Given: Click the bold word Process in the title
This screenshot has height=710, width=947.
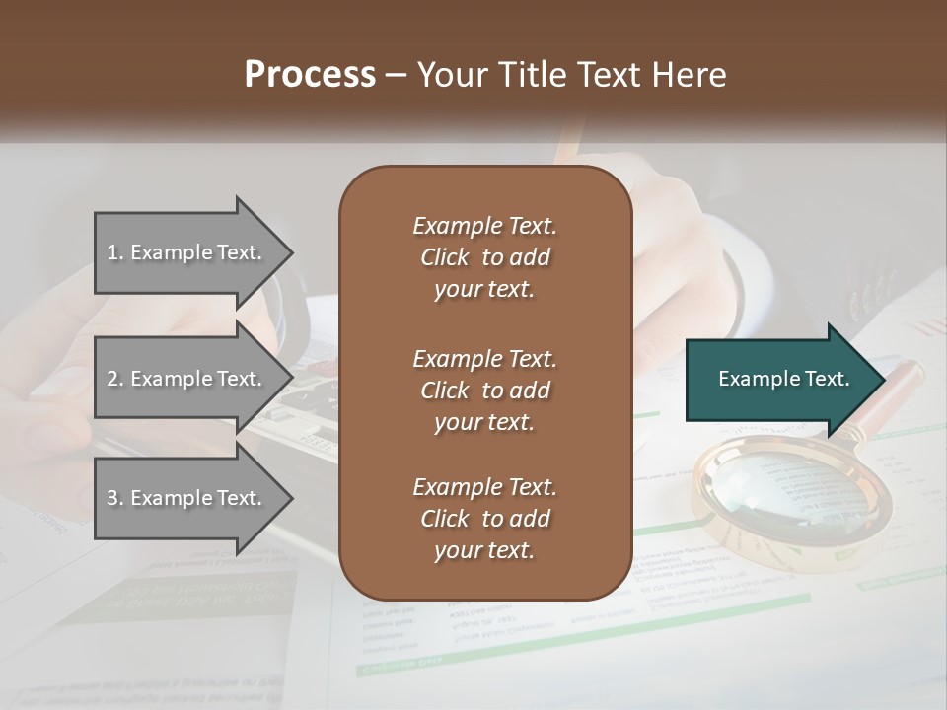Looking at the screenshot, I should coord(310,75).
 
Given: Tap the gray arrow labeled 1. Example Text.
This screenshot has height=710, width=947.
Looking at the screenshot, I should coord(187,252).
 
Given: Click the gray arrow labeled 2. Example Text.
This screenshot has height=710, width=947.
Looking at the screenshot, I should coord(187,379).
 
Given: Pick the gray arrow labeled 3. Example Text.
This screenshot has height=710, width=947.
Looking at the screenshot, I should coord(187,498).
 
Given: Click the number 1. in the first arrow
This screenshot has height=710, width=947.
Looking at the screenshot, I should coord(115,252).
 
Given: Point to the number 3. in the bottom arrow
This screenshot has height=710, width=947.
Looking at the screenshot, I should coord(115,498).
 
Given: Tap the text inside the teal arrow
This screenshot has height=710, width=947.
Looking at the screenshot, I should coord(784,379).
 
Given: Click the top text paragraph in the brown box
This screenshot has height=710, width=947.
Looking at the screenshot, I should coord(484,257).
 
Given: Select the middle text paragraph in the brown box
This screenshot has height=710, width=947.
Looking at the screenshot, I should coord(484,390).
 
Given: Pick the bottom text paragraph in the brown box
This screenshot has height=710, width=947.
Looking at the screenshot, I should coord(484,519).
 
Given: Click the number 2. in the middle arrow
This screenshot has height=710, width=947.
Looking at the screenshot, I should coord(115,379).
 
